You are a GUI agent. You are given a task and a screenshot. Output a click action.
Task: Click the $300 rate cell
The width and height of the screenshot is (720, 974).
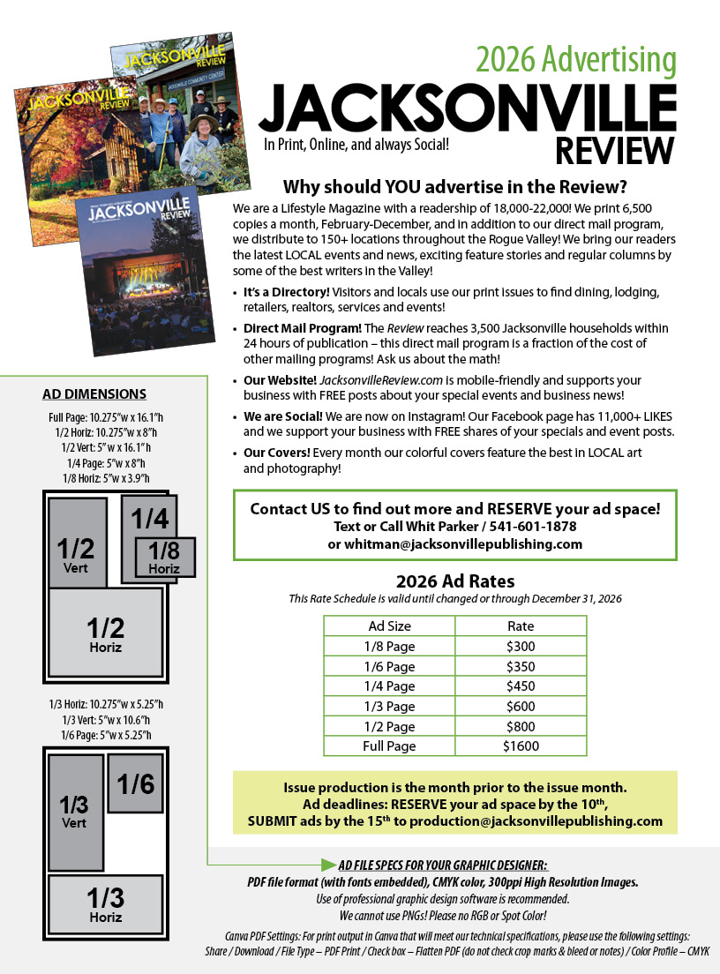(521, 646)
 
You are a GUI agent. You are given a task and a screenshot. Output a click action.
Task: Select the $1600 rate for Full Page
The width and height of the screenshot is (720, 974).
(521, 746)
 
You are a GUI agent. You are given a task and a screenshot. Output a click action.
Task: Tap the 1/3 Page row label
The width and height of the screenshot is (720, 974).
(389, 706)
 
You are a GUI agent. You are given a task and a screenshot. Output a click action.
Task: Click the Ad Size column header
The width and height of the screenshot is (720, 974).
(389, 626)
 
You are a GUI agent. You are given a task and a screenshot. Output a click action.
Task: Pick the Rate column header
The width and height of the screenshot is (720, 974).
(521, 626)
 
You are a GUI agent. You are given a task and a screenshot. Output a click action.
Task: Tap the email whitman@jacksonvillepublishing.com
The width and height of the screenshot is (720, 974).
(454, 544)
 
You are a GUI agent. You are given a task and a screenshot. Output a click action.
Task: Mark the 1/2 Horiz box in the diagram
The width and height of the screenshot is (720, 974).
(105, 633)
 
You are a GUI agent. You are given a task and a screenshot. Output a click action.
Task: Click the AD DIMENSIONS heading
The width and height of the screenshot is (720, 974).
(94, 394)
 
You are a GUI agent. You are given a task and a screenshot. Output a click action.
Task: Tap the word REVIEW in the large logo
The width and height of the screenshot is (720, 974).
(615, 150)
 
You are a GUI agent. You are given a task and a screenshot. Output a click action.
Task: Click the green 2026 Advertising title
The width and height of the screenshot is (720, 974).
(576, 60)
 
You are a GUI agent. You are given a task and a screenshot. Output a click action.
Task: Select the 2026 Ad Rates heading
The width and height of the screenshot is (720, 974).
(454, 581)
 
